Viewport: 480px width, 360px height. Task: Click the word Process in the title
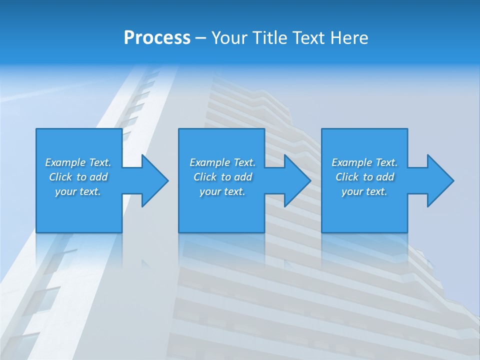coord(157,38)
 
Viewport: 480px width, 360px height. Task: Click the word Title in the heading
coord(269,38)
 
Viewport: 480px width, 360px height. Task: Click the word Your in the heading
coord(229,38)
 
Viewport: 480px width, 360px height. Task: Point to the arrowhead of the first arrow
coord(155,180)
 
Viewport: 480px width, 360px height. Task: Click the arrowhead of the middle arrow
coord(298,180)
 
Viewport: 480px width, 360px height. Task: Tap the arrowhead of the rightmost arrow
coord(440,180)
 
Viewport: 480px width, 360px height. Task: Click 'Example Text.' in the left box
coord(78,162)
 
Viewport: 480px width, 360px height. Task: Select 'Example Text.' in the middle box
coord(222,162)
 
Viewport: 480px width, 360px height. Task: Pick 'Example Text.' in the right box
coord(364,162)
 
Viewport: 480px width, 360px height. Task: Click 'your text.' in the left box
coord(78,191)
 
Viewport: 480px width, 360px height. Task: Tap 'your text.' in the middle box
coord(222,191)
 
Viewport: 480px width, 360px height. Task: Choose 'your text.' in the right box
coord(364,191)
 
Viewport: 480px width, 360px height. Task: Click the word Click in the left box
coord(60,177)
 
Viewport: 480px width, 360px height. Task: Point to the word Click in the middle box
coord(205,177)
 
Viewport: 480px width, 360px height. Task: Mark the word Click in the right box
coord(347,177)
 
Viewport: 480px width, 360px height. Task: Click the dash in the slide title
coord(201,38)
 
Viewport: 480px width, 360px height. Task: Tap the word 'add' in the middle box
coord(242,177)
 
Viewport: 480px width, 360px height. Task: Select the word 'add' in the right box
coord(384,177)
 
